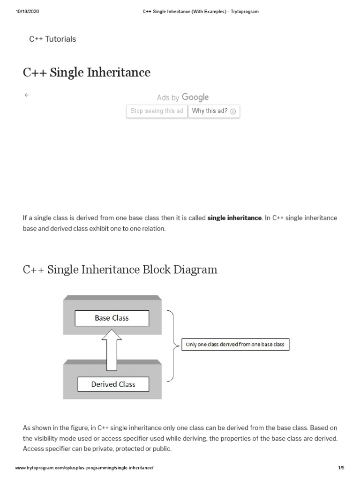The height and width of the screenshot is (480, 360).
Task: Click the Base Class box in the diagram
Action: point(112,318)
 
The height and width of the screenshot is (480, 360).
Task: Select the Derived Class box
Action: point(113,384)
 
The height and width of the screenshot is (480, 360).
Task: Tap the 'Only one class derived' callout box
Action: point(235,345)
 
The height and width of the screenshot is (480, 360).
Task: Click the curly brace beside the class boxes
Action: point(175,345)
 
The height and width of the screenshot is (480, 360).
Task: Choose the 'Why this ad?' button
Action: point(214,111)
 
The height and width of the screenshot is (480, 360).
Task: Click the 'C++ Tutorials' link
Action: point(52,39)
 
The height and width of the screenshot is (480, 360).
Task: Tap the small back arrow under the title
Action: point(26,95)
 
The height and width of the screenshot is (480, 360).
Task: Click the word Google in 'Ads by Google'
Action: point(195,97)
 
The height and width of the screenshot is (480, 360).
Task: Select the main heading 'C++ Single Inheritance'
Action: point(87,73)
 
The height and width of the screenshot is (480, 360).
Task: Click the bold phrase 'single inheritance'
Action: point(234,218)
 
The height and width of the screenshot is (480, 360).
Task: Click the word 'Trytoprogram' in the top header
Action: point(244,12)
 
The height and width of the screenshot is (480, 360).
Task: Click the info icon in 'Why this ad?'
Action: point(233,112)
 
